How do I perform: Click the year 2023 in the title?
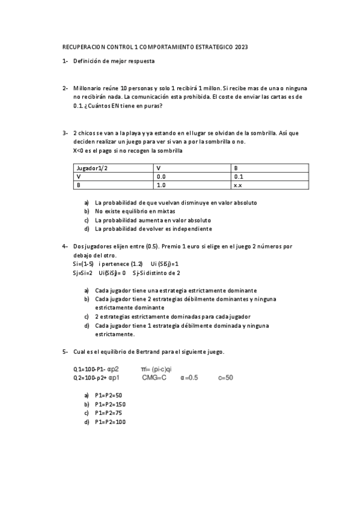coord(241,46)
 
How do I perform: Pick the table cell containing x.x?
coord(238,185)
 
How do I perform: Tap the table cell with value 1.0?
coord(161,185)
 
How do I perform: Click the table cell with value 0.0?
coord(161,177)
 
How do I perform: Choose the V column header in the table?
coord(159,168)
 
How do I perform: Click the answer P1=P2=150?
coord(111,405)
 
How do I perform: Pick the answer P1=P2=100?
coord(111,422)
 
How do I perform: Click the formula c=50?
coord(225,377)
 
